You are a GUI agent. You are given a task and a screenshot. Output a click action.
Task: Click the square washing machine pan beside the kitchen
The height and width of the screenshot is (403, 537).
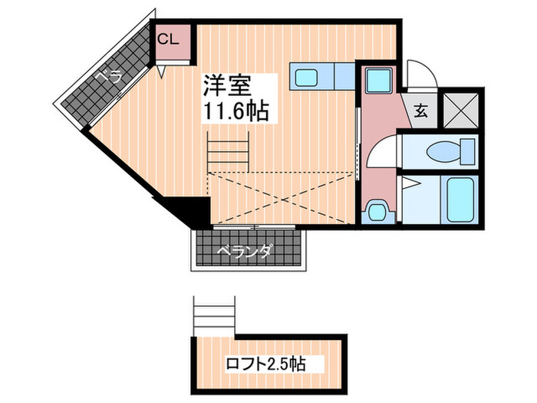click(377, 81)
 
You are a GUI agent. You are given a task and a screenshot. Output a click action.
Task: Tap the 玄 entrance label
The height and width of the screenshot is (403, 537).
click(421, 111)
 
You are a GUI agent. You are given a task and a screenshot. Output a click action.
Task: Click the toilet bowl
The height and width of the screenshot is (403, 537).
click(444, 150)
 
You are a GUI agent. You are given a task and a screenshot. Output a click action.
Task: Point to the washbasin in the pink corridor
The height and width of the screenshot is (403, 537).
click(375, 210)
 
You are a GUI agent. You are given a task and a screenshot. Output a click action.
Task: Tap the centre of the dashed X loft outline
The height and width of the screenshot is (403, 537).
click(283, 198)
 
